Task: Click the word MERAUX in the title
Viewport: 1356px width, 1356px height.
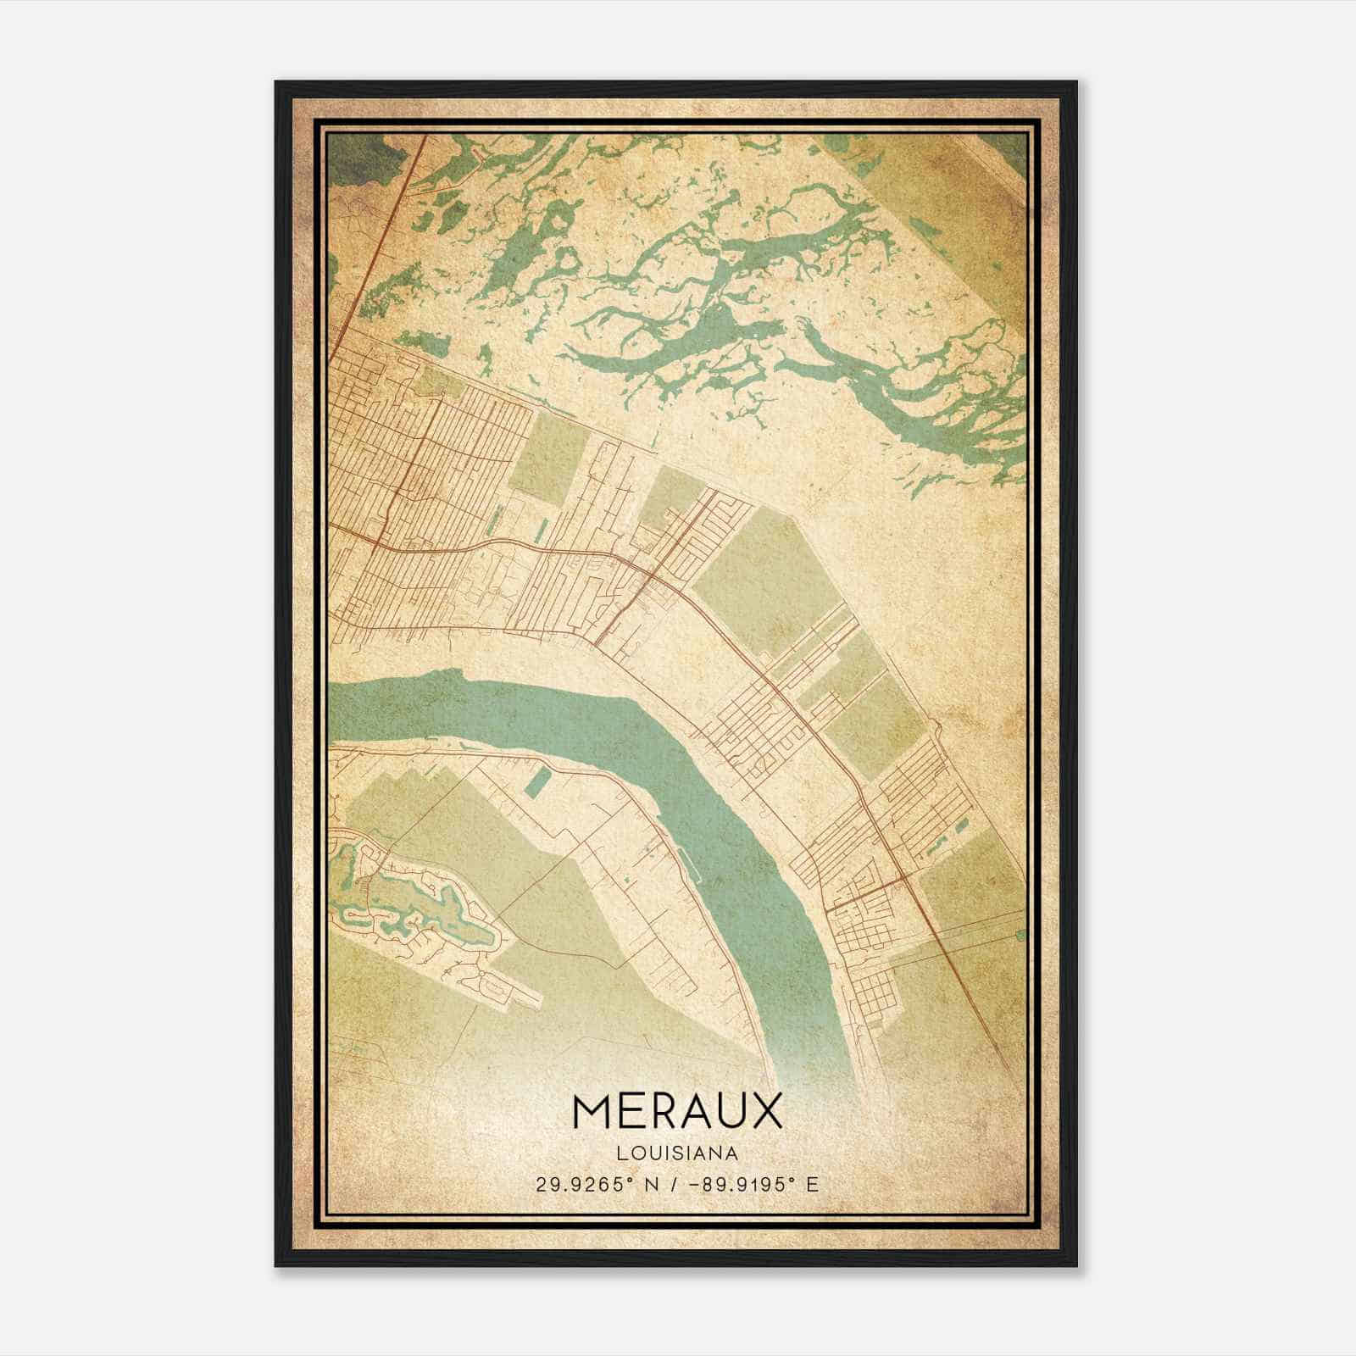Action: [x=677, y=1112]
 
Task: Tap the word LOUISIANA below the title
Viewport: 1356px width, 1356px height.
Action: [x=677, y=1153]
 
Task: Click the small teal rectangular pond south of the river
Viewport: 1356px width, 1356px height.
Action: [x=536, y=781]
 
